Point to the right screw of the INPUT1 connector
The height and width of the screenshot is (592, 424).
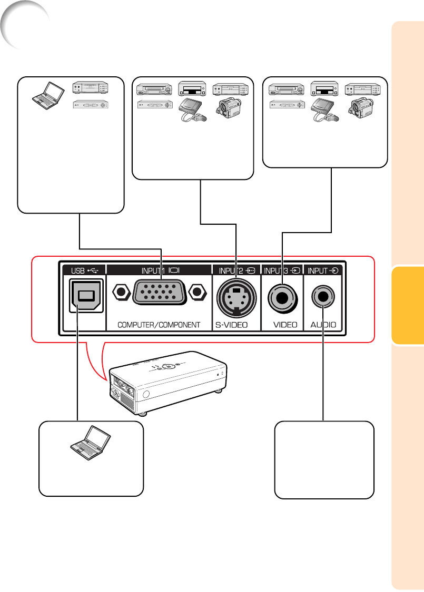pos(198,293)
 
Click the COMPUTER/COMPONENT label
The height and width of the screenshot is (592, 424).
pos(160,325)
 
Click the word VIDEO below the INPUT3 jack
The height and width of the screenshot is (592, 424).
pos(285,325)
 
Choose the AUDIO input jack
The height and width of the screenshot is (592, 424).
pos(322,297)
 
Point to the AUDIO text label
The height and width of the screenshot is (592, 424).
pos(323,325)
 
